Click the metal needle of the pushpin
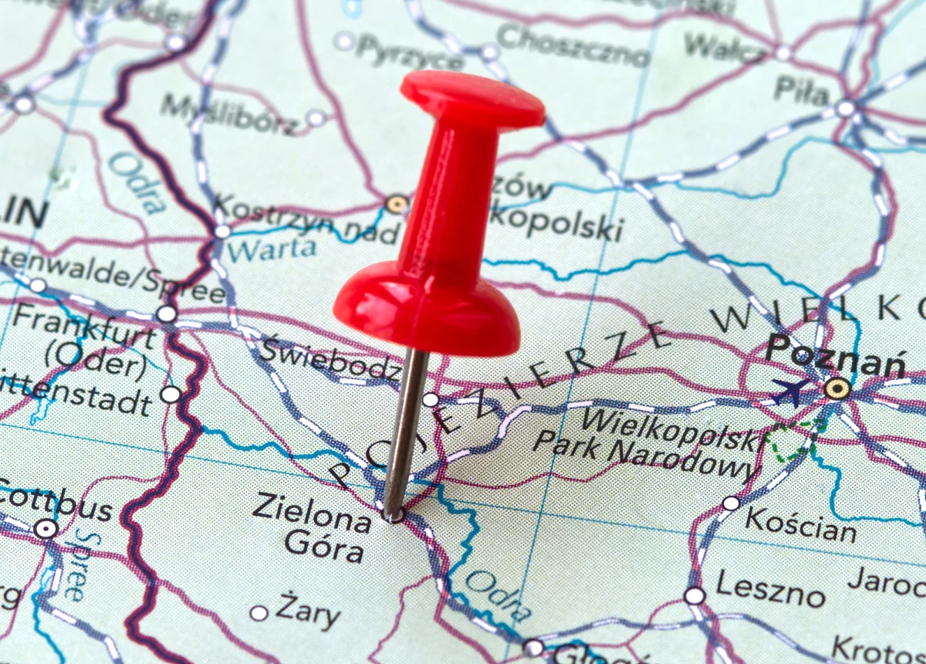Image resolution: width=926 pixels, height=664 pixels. (x=406, y=432)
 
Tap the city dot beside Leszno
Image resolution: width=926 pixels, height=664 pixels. (x=694, y=595)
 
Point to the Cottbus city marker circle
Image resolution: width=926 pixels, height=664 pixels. (x=45, y=529)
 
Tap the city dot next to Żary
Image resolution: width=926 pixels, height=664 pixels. (x=259, y=613)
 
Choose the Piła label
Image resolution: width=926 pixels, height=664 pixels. (x=801, y=91)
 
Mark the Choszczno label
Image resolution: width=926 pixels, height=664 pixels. (x=573, y=46)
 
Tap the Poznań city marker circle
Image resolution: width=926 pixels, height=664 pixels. (x=837, y=388)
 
